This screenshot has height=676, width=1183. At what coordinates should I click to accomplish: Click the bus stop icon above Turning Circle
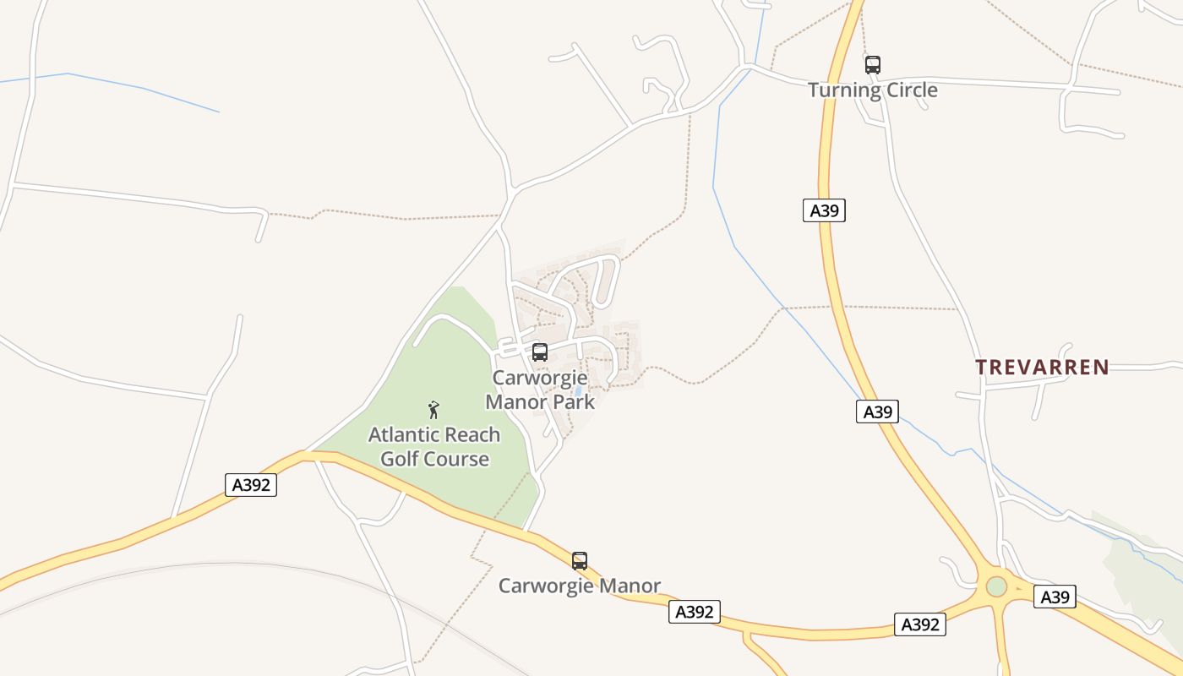(872, 64)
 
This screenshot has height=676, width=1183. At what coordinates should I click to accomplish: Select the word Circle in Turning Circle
(907, 90)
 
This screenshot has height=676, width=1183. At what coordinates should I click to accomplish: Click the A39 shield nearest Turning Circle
(824, 210)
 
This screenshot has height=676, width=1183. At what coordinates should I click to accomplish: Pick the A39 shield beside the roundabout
(1055, 597)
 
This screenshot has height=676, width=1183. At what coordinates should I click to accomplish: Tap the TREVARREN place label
(1042, 367)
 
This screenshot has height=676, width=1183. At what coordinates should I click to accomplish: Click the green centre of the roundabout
(997, 586)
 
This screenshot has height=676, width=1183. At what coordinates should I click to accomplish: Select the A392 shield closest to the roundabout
(919, 624)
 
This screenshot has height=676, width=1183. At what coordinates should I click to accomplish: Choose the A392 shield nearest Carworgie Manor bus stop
(695, 612)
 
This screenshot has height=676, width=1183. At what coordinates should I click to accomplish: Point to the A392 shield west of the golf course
(252, 485)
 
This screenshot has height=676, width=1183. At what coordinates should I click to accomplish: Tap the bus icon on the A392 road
(579, 560)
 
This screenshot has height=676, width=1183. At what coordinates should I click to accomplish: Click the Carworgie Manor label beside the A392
(579, 586)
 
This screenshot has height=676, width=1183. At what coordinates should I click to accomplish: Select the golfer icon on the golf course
(433, 410)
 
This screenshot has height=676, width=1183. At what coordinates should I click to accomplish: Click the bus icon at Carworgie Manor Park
(539, 352)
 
